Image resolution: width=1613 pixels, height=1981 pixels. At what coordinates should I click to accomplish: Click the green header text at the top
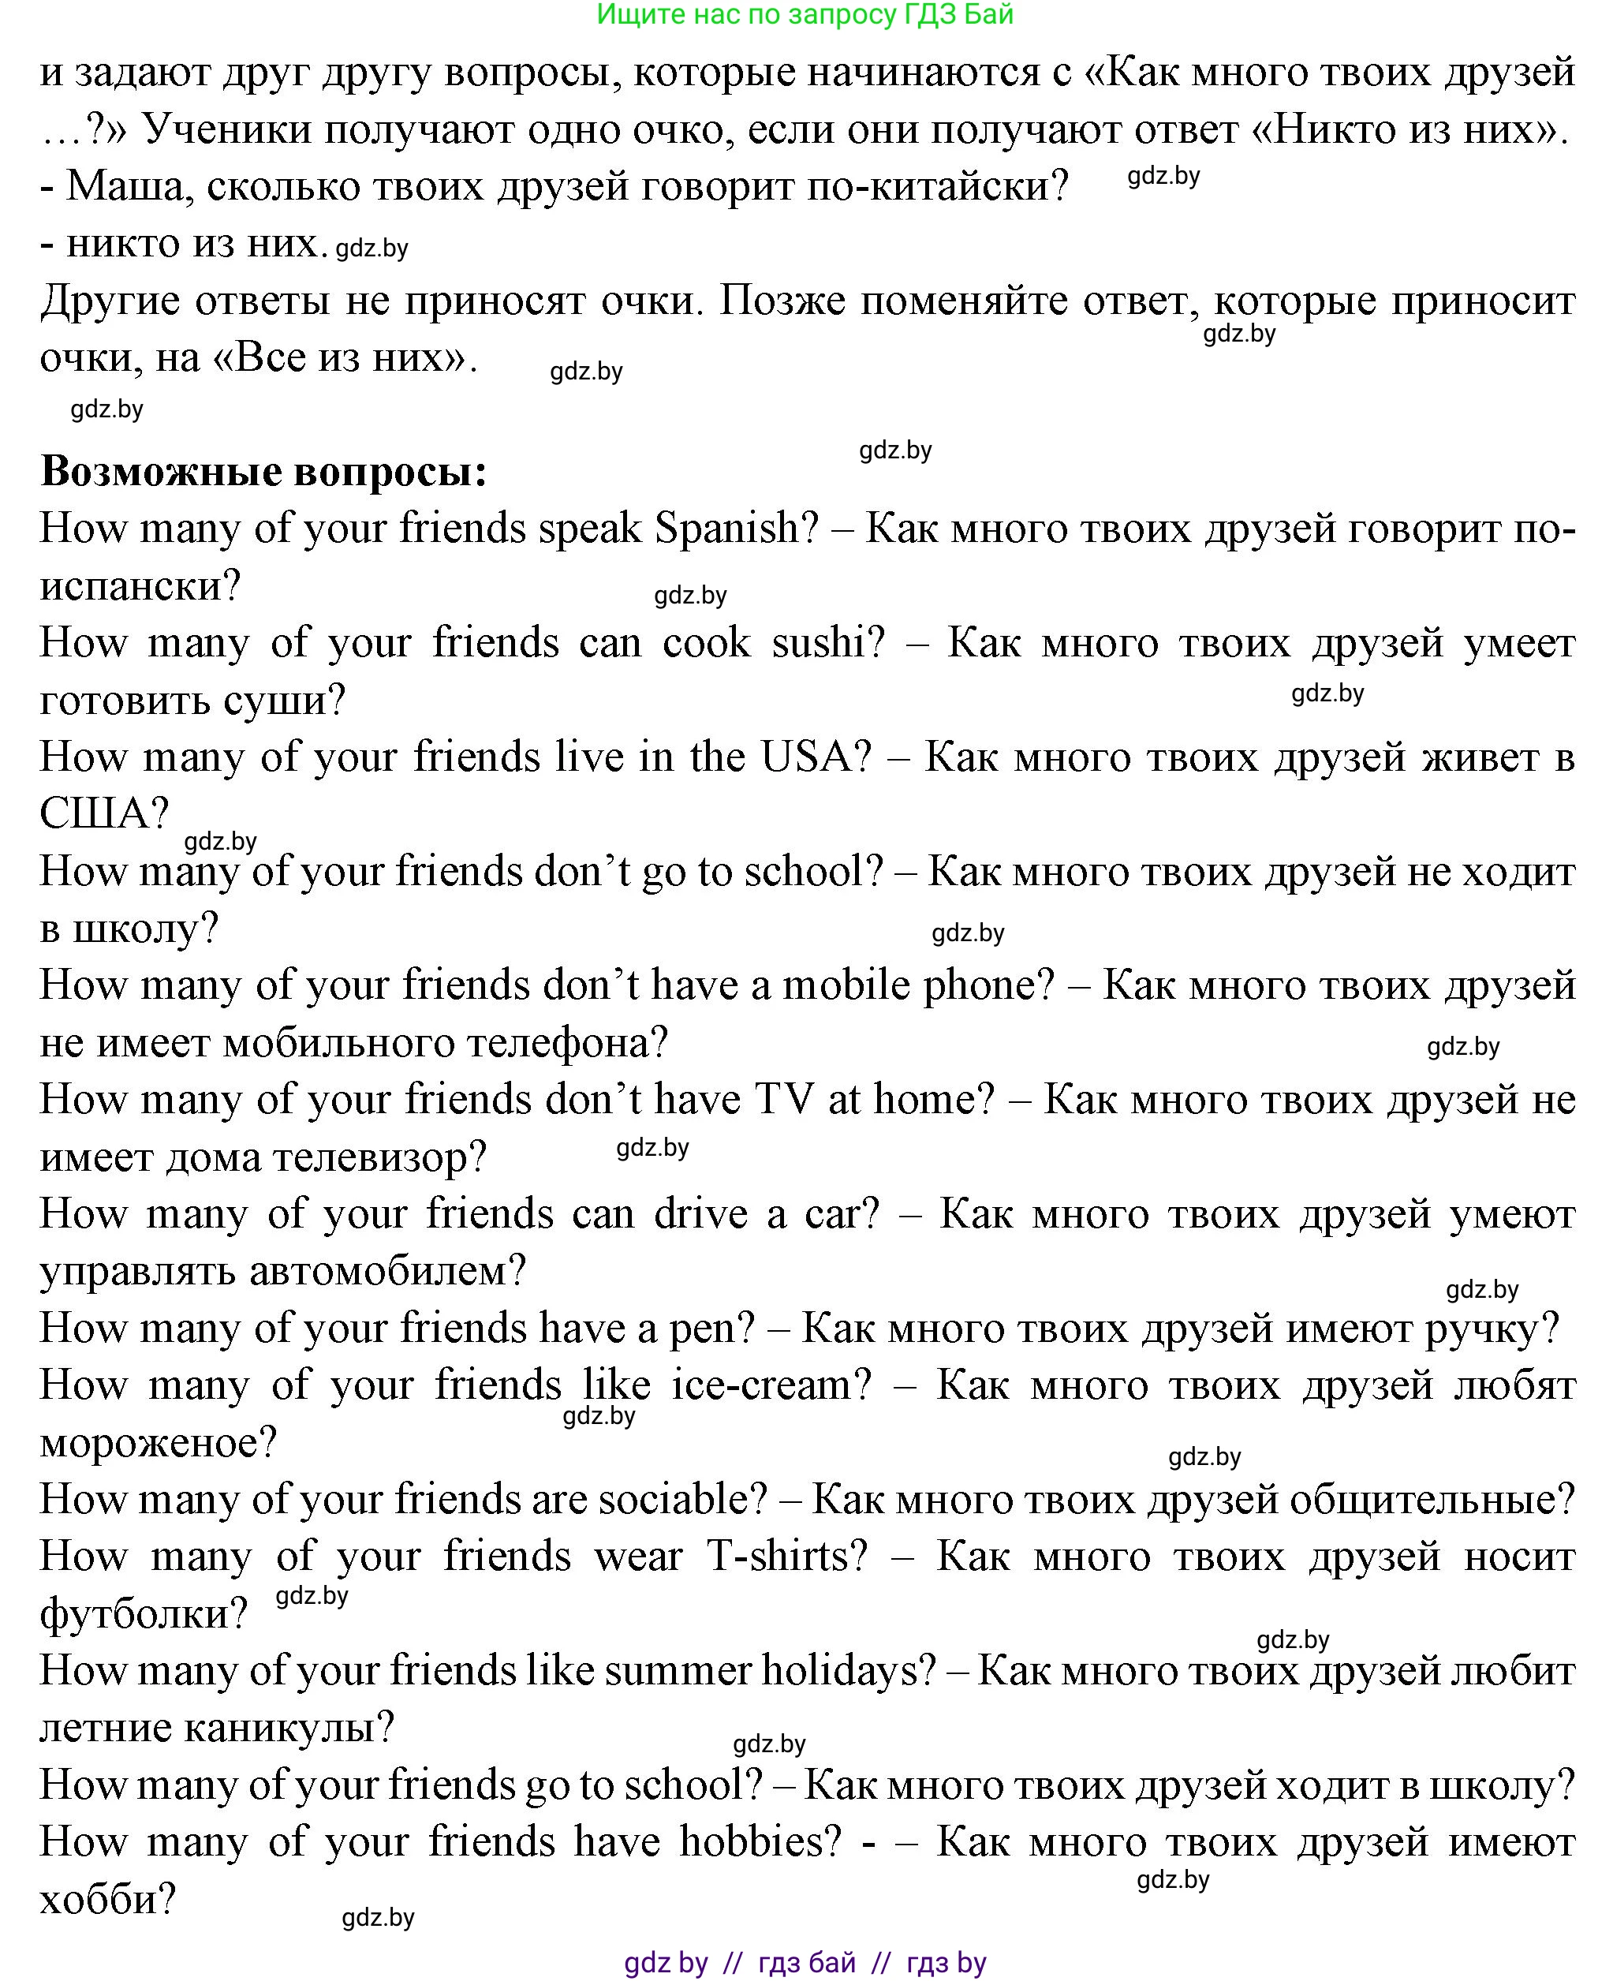coord(805,14)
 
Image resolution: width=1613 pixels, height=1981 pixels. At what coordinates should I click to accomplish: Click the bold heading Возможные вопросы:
coord(264,472)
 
